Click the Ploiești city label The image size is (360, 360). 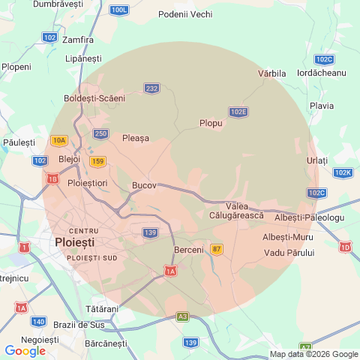[75, 243]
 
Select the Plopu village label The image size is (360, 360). [211, 123]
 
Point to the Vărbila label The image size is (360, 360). [272, 73]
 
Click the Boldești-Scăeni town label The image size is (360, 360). [94, 98]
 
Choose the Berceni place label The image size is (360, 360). [188, 249]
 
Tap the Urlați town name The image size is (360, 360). [317, 161]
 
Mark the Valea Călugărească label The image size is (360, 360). [237, 211]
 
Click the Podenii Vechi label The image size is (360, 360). [185, 14]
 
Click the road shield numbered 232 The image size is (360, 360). [152, 88]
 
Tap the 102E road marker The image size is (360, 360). [238, 112]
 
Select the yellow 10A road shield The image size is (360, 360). [59, 140]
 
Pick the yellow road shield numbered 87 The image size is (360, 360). [217, 249]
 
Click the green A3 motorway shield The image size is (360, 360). [182, 317]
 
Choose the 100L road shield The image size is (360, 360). [118, 10]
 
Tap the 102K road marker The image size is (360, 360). [343, 172]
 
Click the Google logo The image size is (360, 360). [25, 350]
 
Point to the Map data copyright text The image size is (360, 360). [313, 354]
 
